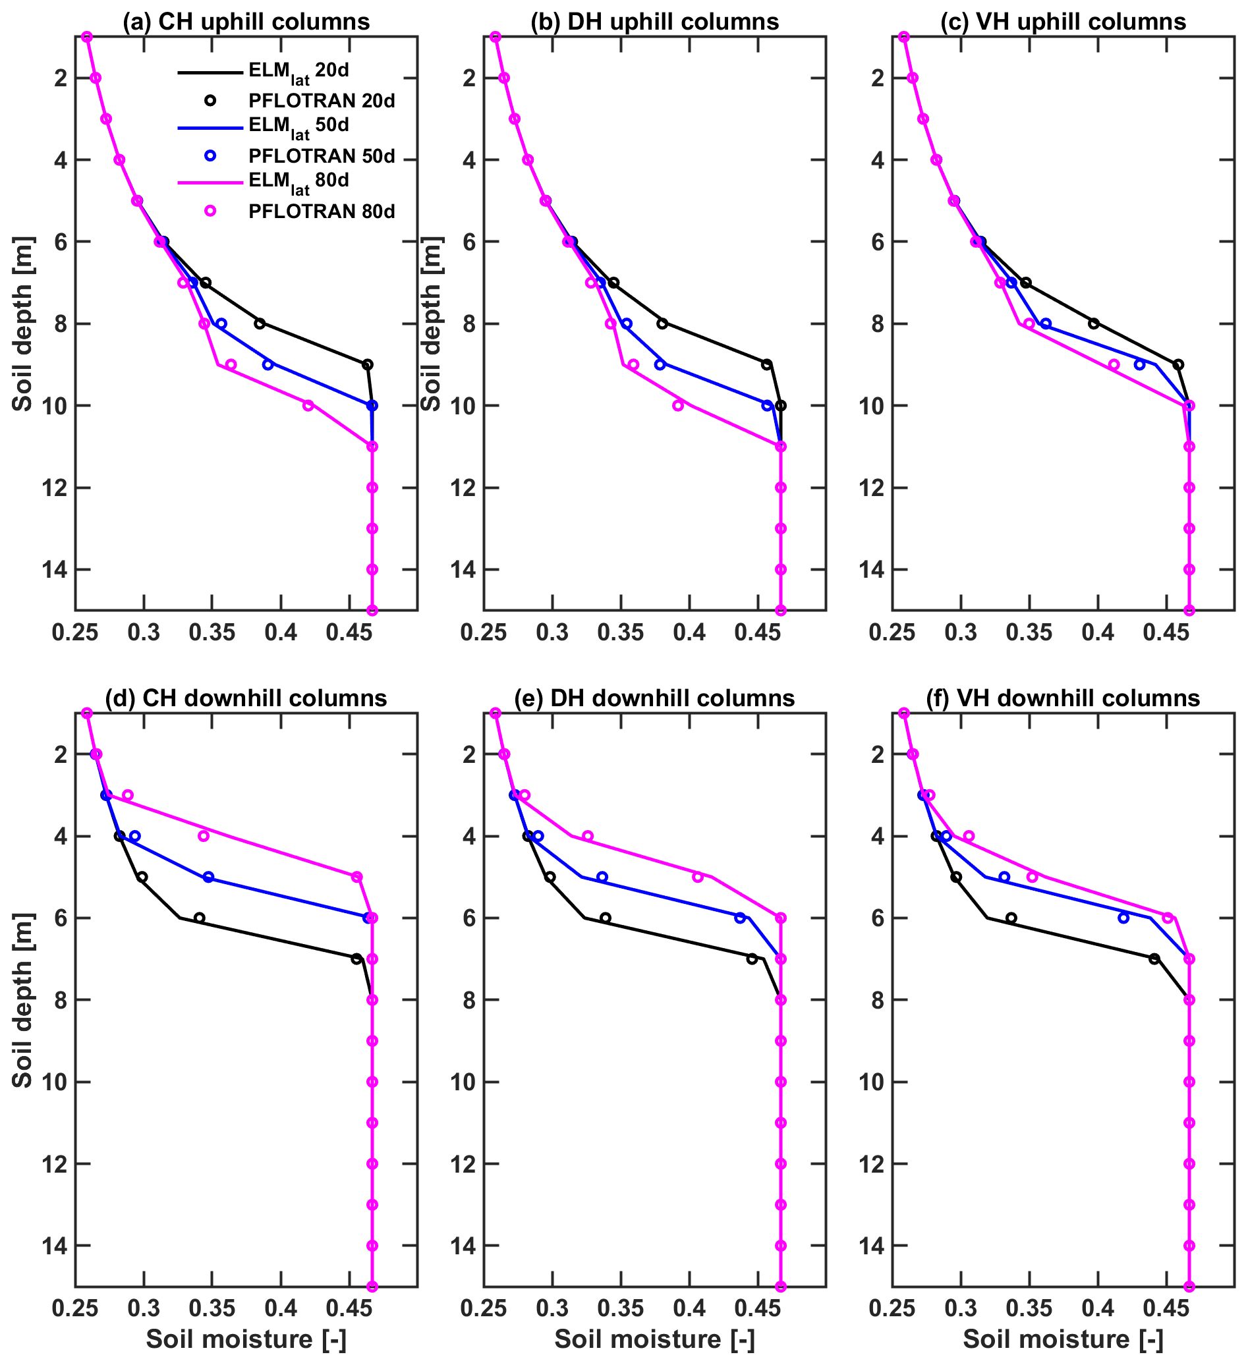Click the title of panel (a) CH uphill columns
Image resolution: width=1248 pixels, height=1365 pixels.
click(x=246, y=22)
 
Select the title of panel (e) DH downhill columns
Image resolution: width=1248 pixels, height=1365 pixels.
click(x=654, y=698)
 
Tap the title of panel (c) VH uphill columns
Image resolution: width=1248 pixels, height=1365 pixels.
click(x=1062, y=22)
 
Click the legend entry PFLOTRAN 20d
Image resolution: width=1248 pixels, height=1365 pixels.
click(x=322, y=101)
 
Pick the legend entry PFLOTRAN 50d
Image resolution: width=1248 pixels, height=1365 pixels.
click(x=322, y=155)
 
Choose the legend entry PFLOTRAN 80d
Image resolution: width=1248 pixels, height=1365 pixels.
click(x=322, y=211)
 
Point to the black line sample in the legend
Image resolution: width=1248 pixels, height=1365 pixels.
click(x=210, y=72)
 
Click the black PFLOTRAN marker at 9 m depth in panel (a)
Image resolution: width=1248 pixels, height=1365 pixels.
click(x=368, y=364)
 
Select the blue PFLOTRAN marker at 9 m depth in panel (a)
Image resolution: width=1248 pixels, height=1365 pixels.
click(x=268, y=364)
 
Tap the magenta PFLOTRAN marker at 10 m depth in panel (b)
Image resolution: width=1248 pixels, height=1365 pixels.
click(x=678, y=406)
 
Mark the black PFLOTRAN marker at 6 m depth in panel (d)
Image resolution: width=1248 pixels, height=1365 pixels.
click(x=199, y=918)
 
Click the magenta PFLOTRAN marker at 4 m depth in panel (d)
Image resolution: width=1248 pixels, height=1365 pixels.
click(x=203, y=835)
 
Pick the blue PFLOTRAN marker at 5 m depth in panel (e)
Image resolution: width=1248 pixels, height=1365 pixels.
click(x=602, y=877)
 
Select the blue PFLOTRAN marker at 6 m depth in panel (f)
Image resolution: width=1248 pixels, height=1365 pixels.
click(x=1123, y=918)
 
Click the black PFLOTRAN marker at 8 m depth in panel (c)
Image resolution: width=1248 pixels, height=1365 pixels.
click(x=1094, y=323)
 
